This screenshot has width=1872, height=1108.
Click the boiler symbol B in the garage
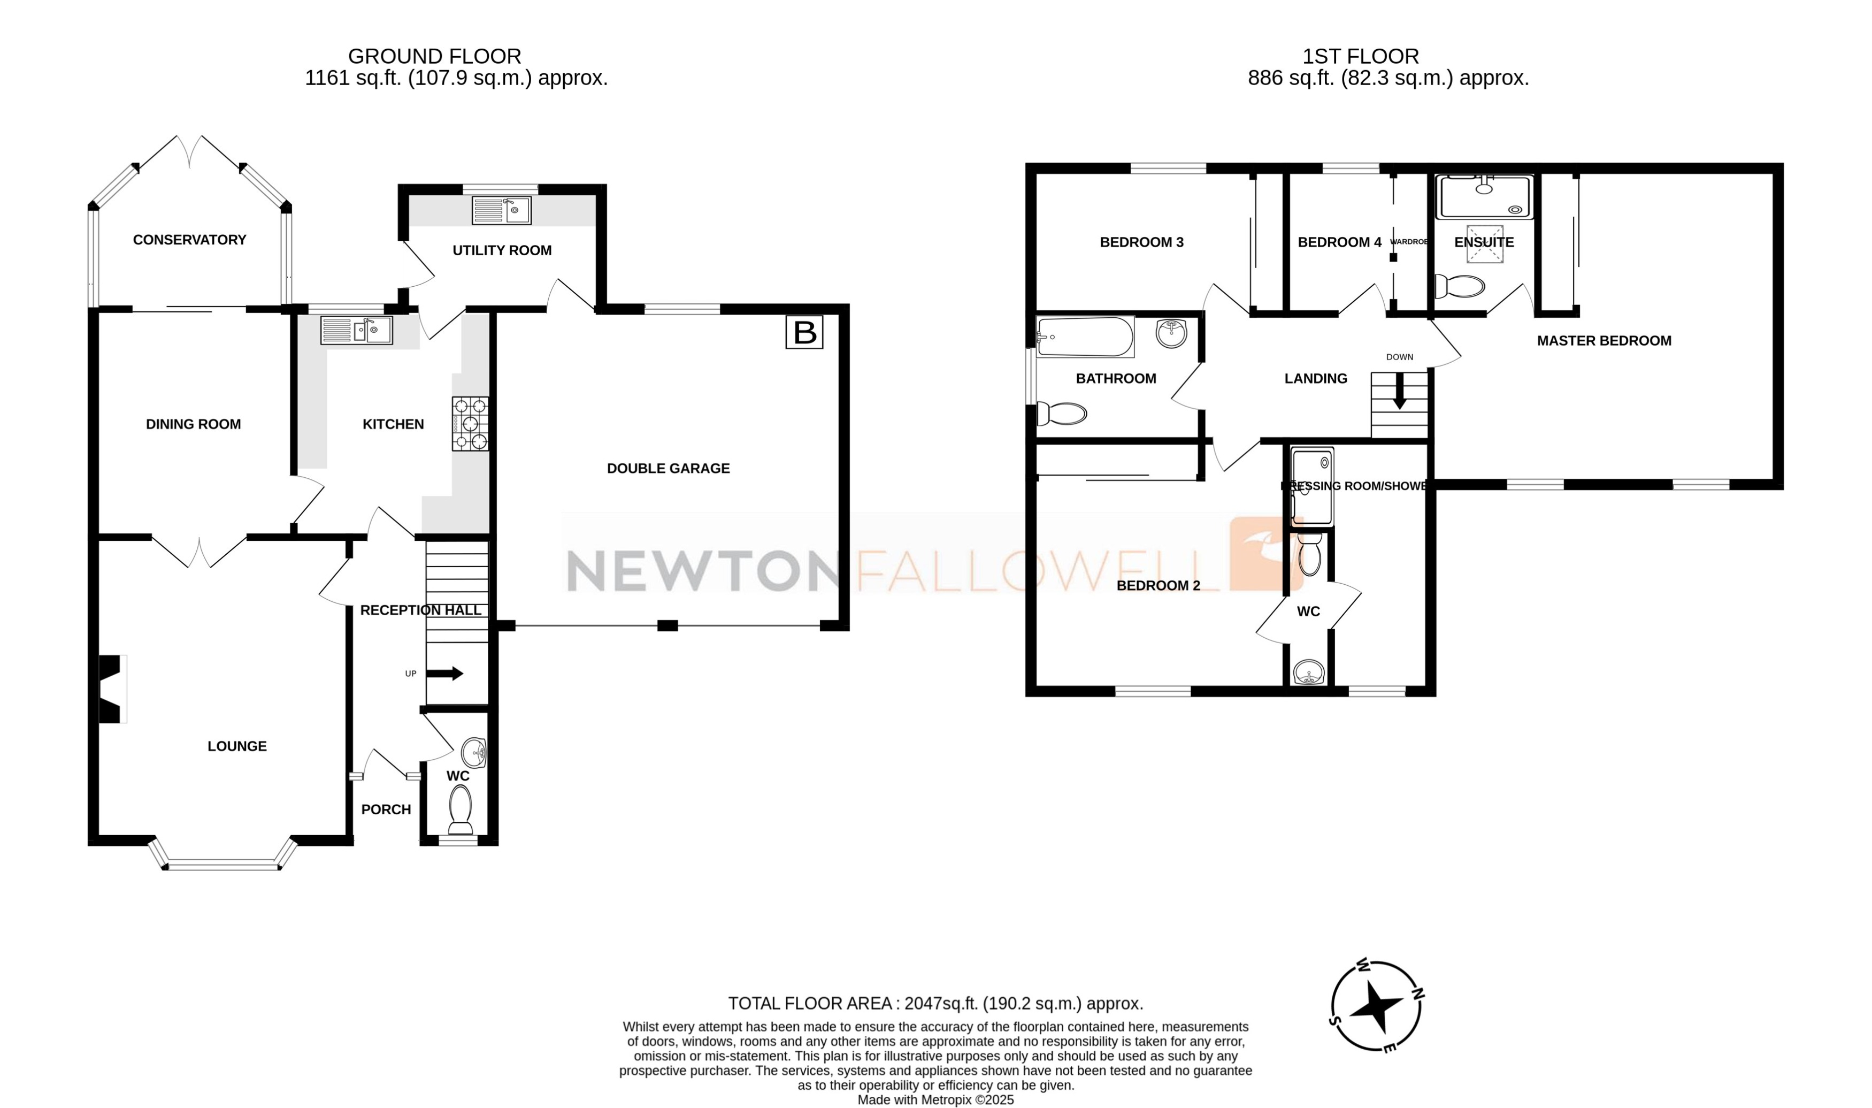(804, 332)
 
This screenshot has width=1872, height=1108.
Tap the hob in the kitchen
(470, 423)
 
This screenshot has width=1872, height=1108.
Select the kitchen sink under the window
(357, 330)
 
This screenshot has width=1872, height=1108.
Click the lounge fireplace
(111, 689)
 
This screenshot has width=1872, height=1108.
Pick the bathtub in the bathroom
(1085, 337)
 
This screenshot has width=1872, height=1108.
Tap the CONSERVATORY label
(189, 240)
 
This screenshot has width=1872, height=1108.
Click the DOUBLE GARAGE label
(668, 468)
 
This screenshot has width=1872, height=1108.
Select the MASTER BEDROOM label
(1604, 340)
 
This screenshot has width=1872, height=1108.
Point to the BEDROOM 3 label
(1141, 242)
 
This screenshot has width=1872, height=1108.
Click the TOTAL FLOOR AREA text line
(935, 1003)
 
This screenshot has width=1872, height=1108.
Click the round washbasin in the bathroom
(1171, 332)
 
